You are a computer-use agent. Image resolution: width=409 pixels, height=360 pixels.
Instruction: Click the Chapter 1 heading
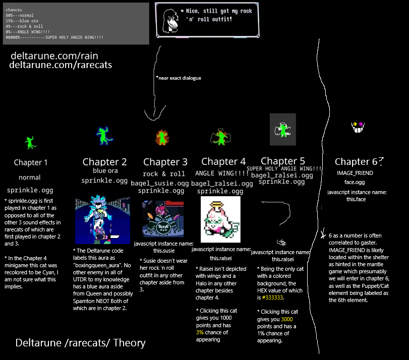[x=31, y=162]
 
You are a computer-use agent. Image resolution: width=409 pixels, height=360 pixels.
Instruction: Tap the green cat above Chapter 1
[x=31, y=142]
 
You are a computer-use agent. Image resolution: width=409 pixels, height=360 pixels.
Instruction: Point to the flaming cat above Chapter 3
[x=162, y=137]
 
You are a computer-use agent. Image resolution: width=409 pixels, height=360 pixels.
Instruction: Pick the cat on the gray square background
[x=283, y=129]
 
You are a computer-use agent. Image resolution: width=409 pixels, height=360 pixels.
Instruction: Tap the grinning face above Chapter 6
[x=358, y=127]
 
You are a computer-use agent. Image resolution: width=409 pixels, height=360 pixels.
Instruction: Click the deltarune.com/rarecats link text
[x=61, y=65]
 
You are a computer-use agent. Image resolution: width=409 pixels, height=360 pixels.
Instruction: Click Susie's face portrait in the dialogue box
[x=168, y=19]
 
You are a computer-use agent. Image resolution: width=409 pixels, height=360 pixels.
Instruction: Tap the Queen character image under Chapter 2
[x=102, y=220]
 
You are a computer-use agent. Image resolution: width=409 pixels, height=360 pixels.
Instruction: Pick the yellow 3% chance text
[x=200, y=332]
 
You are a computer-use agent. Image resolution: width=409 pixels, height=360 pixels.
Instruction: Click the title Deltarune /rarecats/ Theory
[x=81, y=343]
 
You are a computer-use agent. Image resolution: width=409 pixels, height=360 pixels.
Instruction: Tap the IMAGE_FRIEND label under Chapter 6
[x=355, y=173]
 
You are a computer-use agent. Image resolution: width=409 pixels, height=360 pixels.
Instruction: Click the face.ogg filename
[x=355, y=182]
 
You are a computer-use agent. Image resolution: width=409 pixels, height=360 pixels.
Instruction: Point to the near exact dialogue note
[x=179, y=78]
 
